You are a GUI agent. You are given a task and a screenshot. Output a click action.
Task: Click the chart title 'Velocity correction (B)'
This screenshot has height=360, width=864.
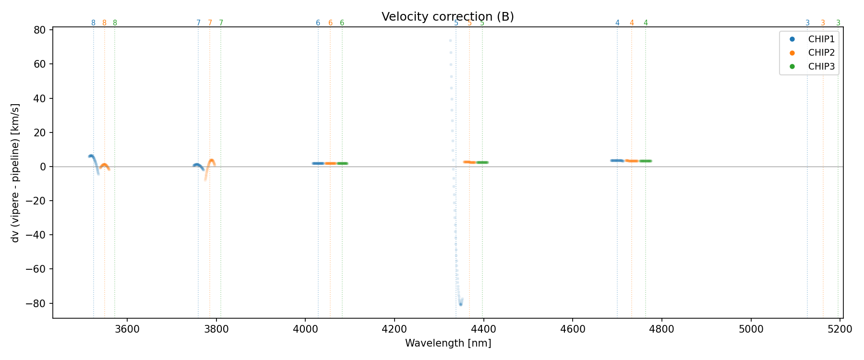point(447,17)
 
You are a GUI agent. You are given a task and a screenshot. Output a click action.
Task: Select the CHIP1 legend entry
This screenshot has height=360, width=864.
point(821,39)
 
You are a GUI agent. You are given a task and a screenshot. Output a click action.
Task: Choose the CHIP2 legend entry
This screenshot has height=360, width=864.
point(821,53)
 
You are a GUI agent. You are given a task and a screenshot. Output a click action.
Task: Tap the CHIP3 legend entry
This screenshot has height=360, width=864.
point(821,67)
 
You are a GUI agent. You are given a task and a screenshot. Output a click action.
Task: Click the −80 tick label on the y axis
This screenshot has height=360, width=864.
point(37,303)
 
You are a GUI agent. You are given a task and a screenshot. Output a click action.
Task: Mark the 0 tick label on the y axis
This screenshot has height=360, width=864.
point(43,167)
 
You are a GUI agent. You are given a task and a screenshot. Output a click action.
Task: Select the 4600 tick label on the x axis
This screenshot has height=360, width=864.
point(573,329)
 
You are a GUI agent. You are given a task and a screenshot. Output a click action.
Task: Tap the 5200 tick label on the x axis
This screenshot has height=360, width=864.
point(840,329)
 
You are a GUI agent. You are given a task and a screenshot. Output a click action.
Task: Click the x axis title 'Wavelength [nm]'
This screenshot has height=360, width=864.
point(448,343)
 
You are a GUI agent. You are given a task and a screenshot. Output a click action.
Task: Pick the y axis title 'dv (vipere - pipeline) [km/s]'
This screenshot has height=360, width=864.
point(15,173)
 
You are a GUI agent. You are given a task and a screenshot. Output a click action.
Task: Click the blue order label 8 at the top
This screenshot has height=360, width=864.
point(93,23)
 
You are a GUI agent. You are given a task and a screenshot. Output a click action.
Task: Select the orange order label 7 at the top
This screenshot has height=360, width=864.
point(210,23)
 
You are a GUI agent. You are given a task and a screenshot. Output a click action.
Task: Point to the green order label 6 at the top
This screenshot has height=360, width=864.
point(342,23)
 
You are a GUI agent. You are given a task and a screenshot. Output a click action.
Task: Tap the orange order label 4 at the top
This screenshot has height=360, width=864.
point(632,23)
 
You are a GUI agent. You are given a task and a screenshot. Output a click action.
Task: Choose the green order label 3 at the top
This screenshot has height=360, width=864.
point(838,23)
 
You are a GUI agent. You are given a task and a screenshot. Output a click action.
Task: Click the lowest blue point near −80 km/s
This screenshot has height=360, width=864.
point(460,304)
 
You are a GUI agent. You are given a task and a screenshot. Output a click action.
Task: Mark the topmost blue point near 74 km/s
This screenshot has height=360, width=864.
point(450,41)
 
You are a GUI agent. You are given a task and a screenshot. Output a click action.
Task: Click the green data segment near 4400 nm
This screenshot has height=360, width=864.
point(482,162)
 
